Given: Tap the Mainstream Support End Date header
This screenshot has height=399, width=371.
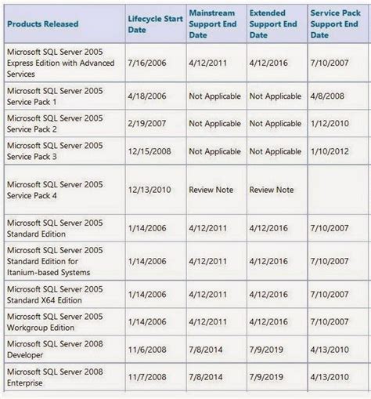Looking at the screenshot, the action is point(214,24).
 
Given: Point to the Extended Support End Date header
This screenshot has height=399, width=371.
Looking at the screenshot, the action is point(274,24).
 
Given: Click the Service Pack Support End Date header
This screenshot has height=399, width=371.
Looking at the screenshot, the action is point(337,24).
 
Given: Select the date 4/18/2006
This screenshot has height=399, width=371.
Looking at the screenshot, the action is point(146,96).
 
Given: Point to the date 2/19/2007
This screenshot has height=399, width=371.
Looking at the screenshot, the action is point(146,124).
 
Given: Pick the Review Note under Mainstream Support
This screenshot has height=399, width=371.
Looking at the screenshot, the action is point(211,190).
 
